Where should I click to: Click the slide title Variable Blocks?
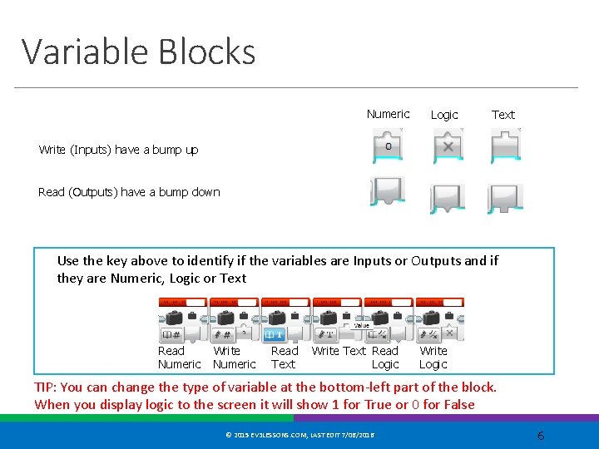pyautogui.click(x=138, y=52)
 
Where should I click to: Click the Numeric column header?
pyautogui.click(x=388, y=114)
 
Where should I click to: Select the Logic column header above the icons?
pyautogui.click(x=444, y=115)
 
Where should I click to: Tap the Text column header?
pyautogui.click(x=502, y=115)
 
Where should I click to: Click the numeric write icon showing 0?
pyautogui.click(x=389, y=148)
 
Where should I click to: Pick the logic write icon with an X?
pyautogui.click(x=448, y=148)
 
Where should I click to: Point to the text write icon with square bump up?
pyautogui.click(x=504, y=148)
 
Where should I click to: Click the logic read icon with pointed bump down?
pyautogui.click(x=448, y=197)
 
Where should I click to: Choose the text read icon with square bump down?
pyautogui.click(x=504, y=197)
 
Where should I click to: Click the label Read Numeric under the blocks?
pyautogui.click(x=178, y=358)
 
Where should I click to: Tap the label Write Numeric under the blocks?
pyautogui.click(x=234, y=358)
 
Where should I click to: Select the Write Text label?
pyautogui.click(x=339, y=351)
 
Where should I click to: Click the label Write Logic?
pyautogui.click(x=433, y=358)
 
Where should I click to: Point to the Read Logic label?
pyautogui.click(x=385, y=358)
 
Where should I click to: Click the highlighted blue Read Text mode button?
pyautogui.click(x=275, y=333)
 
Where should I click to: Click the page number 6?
pyautogui.click(x=540, y=436)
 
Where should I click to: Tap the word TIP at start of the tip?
pyautogui.click(x=45, y=387)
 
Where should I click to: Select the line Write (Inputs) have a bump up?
pyautogui.click(x=118, y=150)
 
